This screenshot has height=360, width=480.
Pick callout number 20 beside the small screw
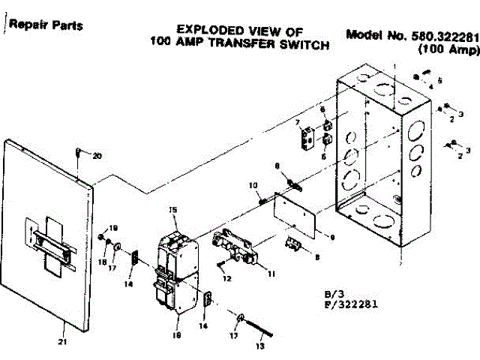click(x=96, y=156)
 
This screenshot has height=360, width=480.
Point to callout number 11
click(x=271, y=273)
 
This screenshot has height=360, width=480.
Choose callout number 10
click(x=253, y=184)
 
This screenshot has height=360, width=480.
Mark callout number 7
click(x=297, y=121)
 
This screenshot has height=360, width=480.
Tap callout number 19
click(x=114, y=228)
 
